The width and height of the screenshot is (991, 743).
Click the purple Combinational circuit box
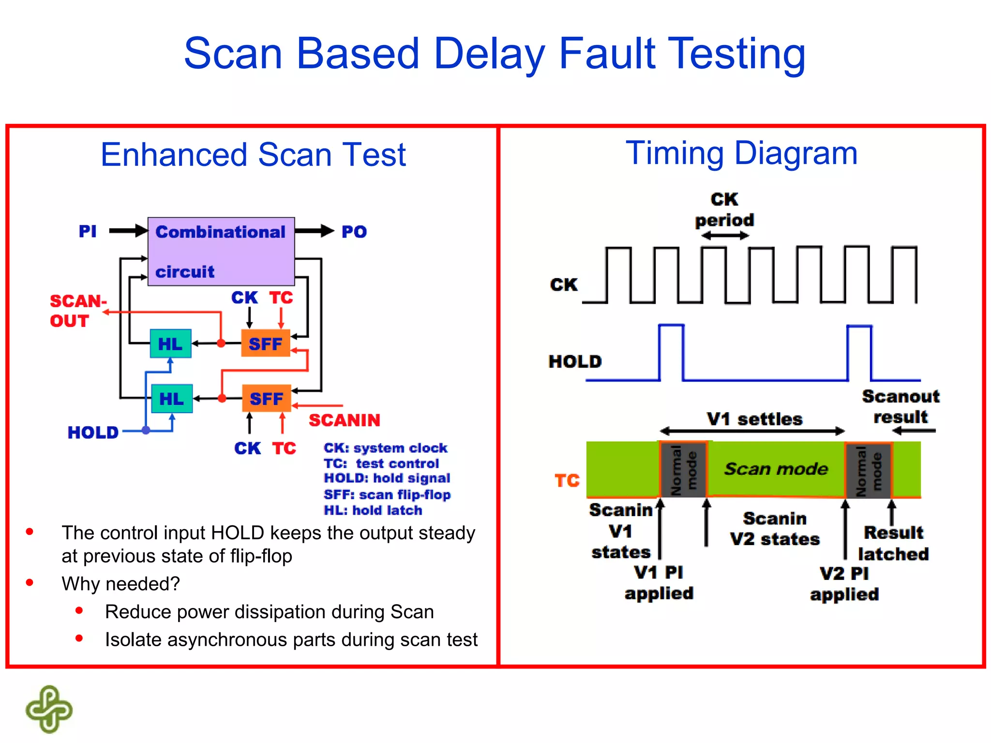[x=221, y=252]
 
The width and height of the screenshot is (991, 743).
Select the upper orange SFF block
[x=266, y=343]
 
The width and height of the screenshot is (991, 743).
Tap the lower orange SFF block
[x=267, y=399]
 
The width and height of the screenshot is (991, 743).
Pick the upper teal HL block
[x=170, y=344]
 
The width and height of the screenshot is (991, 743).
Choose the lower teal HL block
[x=172, y=399]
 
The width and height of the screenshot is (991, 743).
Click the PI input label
[x=88, y=231]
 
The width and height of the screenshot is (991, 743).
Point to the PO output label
[x=354, y=232]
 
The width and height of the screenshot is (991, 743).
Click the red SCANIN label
[x=345, y=420]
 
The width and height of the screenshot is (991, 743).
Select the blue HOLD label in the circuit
[x=93, y=432]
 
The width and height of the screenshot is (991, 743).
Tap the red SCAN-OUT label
[x=77, y=311]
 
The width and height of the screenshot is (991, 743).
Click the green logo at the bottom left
[x=49, y=709]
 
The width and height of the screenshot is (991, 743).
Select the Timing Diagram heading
[x=741, y=153]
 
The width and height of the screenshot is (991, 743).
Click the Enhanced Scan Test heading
[x=253, y=155]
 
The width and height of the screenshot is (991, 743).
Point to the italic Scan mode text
[x=776, y=469]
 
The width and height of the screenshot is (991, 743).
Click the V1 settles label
[x=754, y=418]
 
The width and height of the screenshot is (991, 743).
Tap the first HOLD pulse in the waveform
[x=671, y=352]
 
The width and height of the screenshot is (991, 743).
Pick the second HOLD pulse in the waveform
[x=859, y=352]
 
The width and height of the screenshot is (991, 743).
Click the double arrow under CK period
[x=725, y=236]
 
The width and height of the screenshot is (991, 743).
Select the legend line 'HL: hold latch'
[x=373, y=510]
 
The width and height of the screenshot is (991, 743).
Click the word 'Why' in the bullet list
[x=79, y=584]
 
